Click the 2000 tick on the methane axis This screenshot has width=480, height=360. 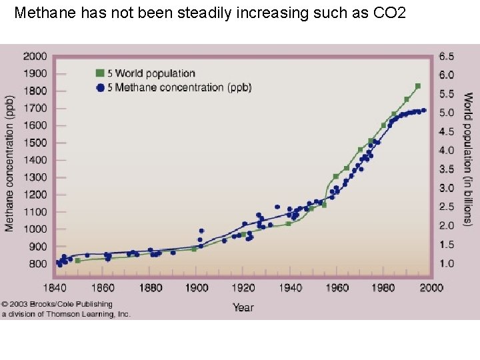click(x=35, y=56)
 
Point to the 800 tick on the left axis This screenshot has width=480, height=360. click(x=37, y=264)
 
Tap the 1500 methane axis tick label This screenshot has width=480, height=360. click(x=35, y=143)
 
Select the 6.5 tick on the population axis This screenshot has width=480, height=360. click(x=447, y=56)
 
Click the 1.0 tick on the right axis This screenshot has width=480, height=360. click(x=447, y=264)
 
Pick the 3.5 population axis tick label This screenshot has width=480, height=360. click(x=447, y=169)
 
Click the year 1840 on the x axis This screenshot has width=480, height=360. click(x=55, y=288)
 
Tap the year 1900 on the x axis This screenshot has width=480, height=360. click(x=196, y=288)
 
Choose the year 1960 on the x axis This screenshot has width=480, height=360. click(x=337, y=288)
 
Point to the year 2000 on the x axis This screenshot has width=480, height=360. click(x=431, y=288)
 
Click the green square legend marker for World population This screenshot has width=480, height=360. click(x=100, y=73)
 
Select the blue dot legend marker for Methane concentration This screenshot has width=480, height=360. click(x=100, y=87)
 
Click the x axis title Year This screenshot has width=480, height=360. click(x=243, y=307)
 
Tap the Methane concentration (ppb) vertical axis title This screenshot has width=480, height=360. click(x=9, y=162)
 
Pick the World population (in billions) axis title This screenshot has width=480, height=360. click(x=468, y=159)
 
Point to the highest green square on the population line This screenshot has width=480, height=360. click(x=418, y=86)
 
